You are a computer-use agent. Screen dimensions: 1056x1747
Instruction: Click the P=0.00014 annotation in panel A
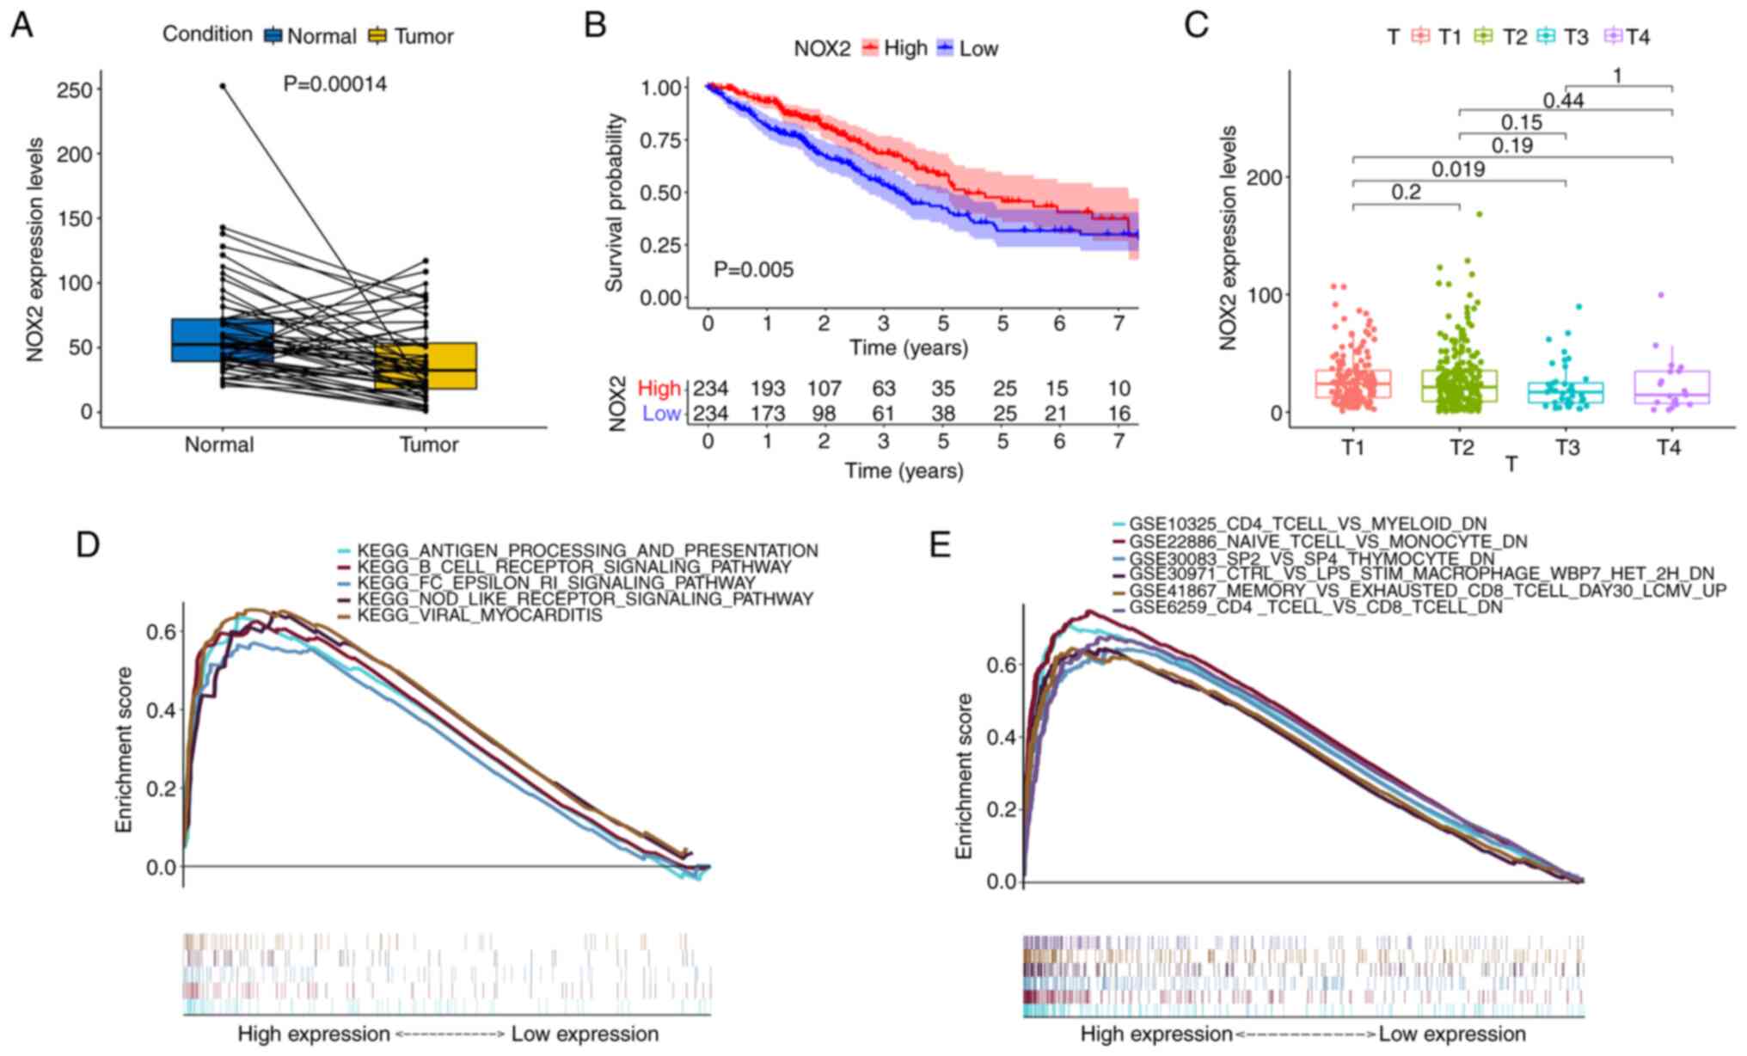click(x=335, y=84)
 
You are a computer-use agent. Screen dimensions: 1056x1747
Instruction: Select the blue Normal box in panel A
click(x=222, y=340)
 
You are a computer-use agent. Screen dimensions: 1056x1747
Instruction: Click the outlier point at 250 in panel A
click(x=223, y=86)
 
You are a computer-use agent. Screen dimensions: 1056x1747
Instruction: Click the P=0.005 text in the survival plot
click(x=754, y=270)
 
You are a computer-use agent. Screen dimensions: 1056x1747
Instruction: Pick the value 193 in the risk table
click(x=768, y=389)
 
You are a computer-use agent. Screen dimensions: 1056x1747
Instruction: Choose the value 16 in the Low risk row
click(x=1119, y=414)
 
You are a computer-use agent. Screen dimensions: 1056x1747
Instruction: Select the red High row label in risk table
click(x=659, y=389)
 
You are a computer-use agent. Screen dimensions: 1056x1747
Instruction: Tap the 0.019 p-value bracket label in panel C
click(x=1458, y=169)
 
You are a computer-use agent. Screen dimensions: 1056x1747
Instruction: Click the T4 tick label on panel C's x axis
click(x=1669, y=447)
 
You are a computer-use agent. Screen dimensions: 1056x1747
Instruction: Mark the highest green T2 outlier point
click(x=1479, y=213)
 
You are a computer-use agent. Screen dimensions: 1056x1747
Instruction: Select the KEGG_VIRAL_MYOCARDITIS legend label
click(x=480, y=616)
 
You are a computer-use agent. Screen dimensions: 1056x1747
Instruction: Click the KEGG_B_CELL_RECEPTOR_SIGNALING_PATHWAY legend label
click(x=574, y=568)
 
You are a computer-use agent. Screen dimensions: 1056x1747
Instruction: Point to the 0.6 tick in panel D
click(x=162, y=632)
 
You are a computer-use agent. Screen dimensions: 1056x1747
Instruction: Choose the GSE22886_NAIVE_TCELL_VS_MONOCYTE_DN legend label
click(x=1328, y=542)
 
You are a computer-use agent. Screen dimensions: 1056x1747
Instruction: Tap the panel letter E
click(x=941, y=545)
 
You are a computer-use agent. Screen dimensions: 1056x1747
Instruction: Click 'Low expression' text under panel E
click(x=1452, y=1034)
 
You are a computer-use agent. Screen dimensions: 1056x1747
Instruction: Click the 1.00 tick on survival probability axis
click(x=661, y=88)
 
